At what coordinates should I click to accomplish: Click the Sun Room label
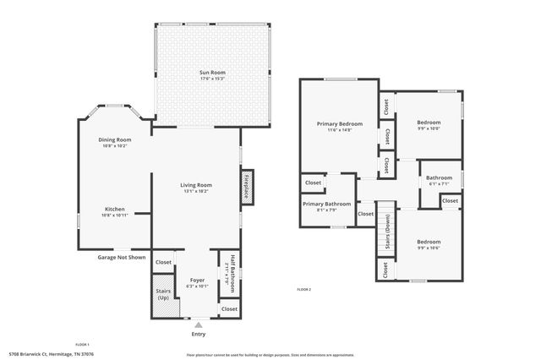(212, 73)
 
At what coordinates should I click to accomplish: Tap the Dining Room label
(114, 139)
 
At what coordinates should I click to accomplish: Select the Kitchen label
(114, 209)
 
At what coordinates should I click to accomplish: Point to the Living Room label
(195, 185)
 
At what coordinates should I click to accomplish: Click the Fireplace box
(246, 186)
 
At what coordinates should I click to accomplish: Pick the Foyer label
(197, 280)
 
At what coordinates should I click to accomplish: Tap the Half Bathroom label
(226, 272)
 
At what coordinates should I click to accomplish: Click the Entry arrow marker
(198, 324)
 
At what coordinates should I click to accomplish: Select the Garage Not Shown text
(121, 257)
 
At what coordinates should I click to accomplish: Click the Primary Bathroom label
(326, 204)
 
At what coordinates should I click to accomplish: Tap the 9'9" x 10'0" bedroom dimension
(429, 128)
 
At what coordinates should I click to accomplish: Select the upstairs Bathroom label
(440, 177)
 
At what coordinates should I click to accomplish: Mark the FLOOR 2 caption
(303, 290)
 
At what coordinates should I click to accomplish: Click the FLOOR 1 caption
(82, 344)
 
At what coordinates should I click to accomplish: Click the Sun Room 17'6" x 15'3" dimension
(212, 79)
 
